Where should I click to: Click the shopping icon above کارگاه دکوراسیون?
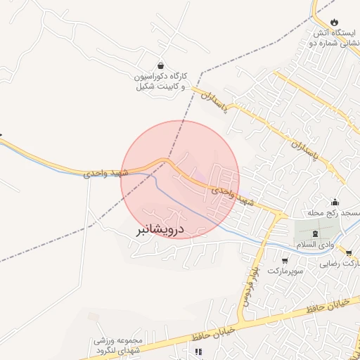[161, 65]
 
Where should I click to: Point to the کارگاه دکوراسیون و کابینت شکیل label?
[161, 81]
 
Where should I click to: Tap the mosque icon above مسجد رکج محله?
[335, 202]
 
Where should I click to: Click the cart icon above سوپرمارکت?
[284, 260]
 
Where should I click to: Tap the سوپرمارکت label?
[284, 271]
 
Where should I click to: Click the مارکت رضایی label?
[342, 264]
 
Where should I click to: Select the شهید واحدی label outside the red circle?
[106, 172]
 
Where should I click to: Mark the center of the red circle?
[180, 180]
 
